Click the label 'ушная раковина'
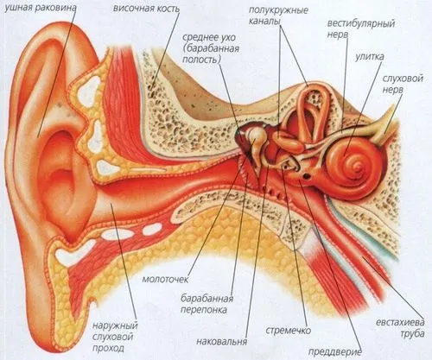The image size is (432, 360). tap(41, 8)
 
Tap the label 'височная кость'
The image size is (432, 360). tap(146, 9)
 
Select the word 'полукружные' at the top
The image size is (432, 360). tap(278, 10)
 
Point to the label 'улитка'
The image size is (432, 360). tap(369, 56)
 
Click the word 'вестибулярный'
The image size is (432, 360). tap(360, 23)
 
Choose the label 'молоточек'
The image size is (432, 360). tap(165, 279)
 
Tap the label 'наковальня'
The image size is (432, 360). tap(222, 341)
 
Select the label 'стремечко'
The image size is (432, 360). tap(288, 330)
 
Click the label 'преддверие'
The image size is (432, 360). tap(335, 351)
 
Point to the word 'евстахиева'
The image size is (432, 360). tap(400, 322)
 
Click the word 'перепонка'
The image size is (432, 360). tap(204, 310)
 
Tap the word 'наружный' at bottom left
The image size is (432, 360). tap(115, 326)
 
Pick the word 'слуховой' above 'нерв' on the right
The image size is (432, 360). tap(403, 79)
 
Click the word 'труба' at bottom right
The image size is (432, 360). tap(412, 333)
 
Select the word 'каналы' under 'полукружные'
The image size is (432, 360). tap(264, 21)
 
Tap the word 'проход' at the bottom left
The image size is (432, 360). tap(108, 348)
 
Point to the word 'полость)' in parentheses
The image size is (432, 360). tap(202, 60)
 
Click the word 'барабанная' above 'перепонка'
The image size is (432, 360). tap(206, 299)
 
